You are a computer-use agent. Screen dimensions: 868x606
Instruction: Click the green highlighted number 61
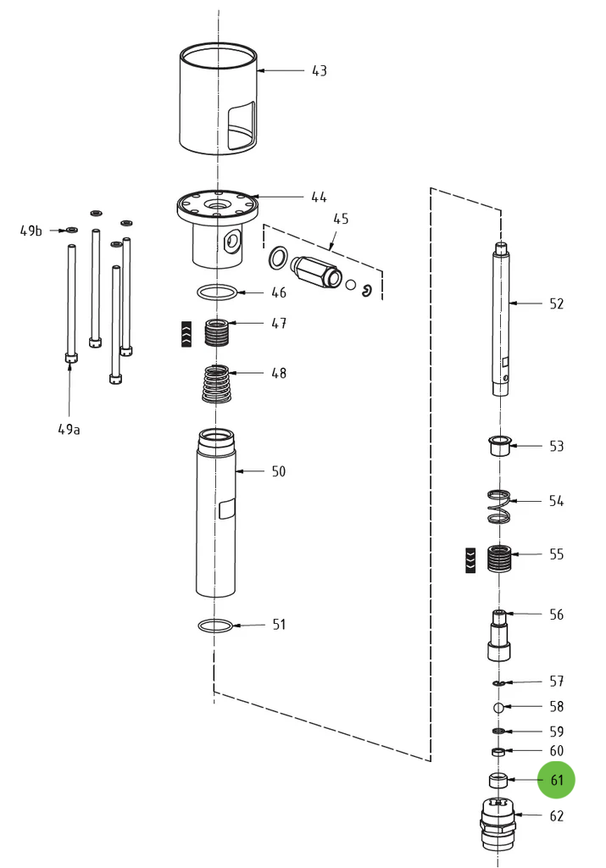click(557, 780)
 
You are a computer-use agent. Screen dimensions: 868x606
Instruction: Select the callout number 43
click(319, 70)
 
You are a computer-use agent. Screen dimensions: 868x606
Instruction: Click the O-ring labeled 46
click(218, 293)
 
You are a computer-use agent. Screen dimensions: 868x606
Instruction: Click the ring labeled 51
click(215, 626)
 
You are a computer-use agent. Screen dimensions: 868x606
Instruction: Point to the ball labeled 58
click(499, 707)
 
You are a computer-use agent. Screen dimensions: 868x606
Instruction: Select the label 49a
click(69, 429)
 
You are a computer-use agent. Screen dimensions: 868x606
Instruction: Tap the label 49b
click(31, 231)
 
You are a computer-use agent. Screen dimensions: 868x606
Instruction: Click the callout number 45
click(341, 219)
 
